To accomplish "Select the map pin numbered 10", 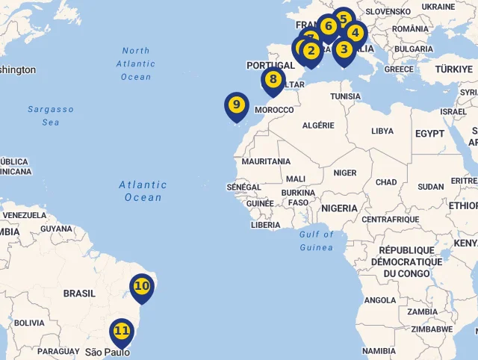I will pos(141,286).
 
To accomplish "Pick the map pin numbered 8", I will pos(273,80).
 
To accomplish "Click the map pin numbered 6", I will pos(328,26).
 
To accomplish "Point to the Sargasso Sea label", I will pos(51,115).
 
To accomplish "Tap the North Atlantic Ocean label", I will pos(135,63).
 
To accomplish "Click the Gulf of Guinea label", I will pos(317,240).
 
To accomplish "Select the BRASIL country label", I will pos(79,294).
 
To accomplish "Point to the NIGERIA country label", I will pos(339,208).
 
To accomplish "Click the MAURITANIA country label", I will pos(266,161).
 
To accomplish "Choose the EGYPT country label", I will pos(429,134).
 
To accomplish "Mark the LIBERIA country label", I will pos(266,225).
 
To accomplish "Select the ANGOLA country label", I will pos(380,300).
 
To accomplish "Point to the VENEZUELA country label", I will pos(25,215).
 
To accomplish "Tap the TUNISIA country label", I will pos(346,96).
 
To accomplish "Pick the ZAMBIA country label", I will pos(423,311).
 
